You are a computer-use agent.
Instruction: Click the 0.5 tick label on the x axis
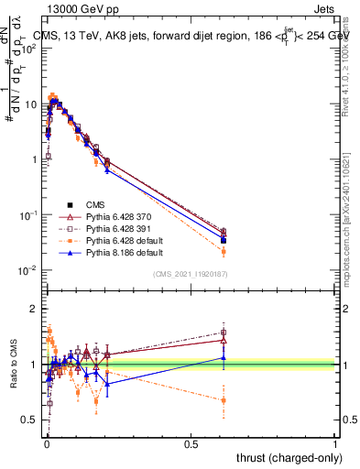pos(191,442)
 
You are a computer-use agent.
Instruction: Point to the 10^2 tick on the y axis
pos(28,49)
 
